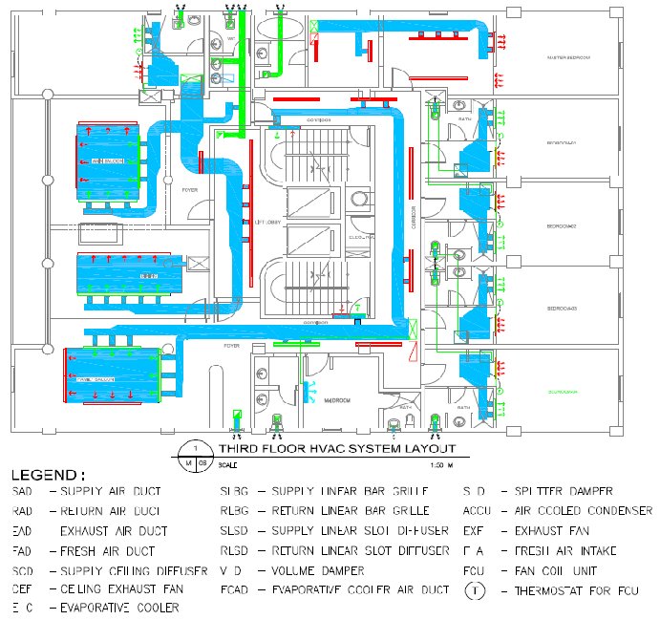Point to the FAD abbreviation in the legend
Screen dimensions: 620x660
coord(23,550)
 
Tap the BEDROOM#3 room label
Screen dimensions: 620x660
coord(562,310)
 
